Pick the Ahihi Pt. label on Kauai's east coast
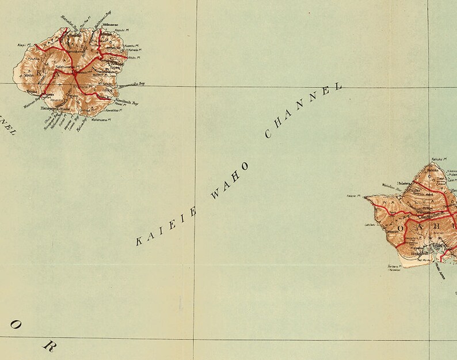(x=134, y=58)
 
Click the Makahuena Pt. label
(x=109, y=118)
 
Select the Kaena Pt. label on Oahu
(x=353, y=196)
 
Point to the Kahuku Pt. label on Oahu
(x=439, y=159)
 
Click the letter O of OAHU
(x=401, y=228)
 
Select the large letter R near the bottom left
(x=49, y=347)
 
